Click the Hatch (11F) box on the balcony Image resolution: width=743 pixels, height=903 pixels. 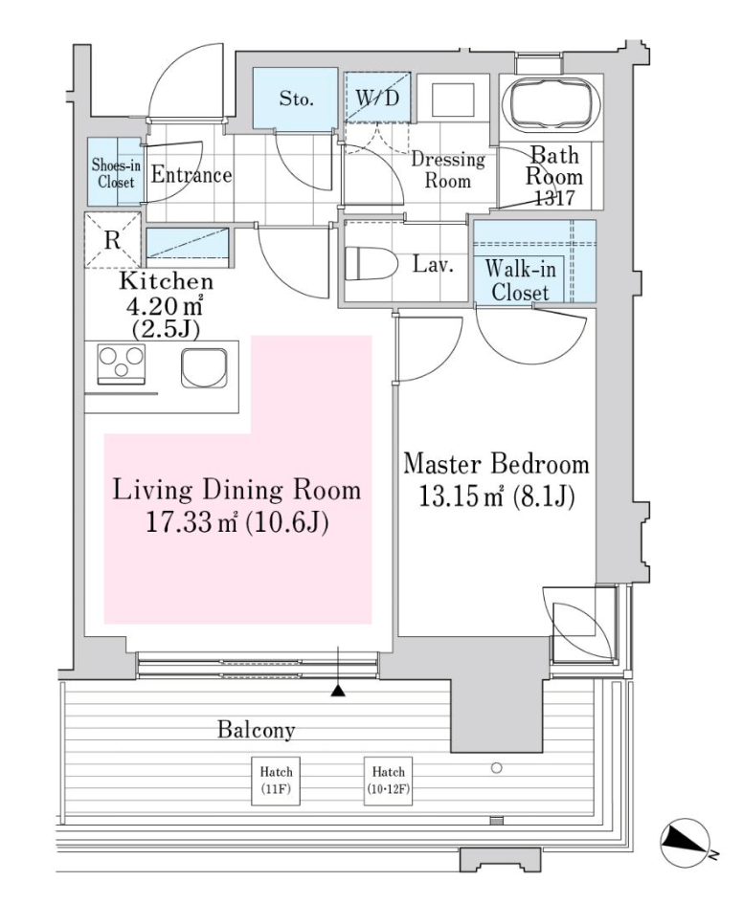pyautogui.click(x=276, y=781)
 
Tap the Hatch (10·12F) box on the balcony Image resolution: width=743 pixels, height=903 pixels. pyautogui.click(x=388, y=781)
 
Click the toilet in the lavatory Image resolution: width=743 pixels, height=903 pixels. pyautogui.click(x=372, y=264)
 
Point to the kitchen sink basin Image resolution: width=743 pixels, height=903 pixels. pyautogui.click(x=204, y=367)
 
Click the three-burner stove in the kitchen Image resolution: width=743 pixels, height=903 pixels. pyautogui.click(x=121, y=363)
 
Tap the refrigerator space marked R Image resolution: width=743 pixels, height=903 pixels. pyautogui.click(x=113, y=239)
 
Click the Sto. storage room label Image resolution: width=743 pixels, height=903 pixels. pyautogui.click(x=296, y=99)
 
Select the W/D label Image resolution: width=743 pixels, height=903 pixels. pyautogui.click(x=377, y=98)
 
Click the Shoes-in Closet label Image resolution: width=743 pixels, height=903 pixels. pyautogui.click(x=116, y=173)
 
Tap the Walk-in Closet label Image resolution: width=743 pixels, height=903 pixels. pyautogui.click(x=520, y=280)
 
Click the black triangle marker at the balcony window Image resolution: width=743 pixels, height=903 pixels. pyautogui.click(x=338, y=691)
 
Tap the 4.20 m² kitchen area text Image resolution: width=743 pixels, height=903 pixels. pyautogui.click(x=165, y=304)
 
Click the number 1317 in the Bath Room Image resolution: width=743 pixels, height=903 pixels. pyautogui.click(x=554, y=197)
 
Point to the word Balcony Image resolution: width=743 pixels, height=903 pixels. pyautogui.click(x=256, y=730)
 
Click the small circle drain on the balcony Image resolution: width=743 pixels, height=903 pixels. pyautogui.click(x=496, y=767)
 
